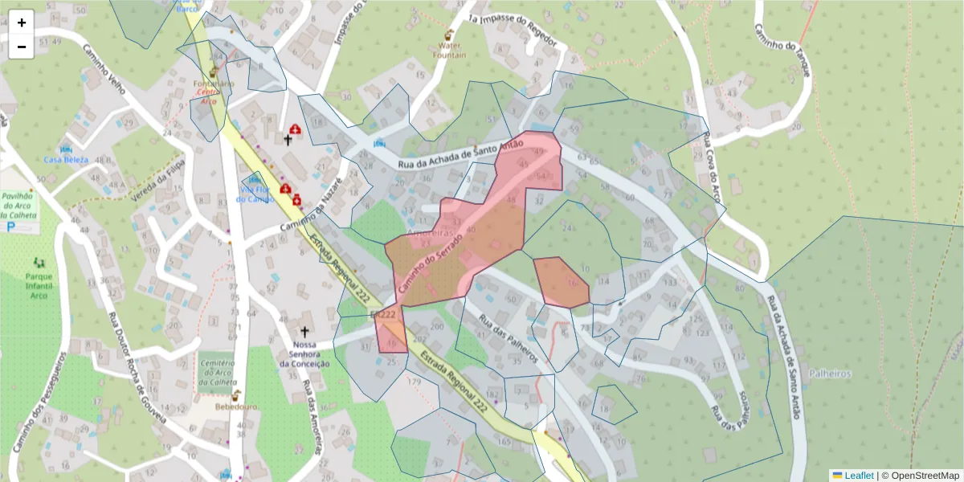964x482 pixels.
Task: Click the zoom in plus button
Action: [22, 22]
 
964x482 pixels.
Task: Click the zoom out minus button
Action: [22, 47]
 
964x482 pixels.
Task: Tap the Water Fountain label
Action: [450, 51]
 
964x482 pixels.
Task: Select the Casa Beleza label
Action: [66, 159]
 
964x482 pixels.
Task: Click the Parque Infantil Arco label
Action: [37, 284]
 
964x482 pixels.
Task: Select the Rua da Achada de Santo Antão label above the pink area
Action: [460, 154]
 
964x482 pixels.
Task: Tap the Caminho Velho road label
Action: [104, 70]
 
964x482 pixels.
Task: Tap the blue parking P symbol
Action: [11, 227]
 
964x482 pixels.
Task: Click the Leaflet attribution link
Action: [858, 476]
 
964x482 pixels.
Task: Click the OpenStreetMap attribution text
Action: [920, 476]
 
